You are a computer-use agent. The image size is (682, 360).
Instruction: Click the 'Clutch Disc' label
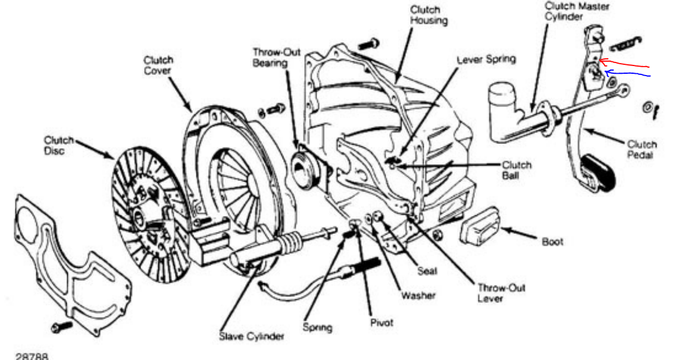(x=58, y=146)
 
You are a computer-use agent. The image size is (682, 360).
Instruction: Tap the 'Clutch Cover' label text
(x=158, y=65)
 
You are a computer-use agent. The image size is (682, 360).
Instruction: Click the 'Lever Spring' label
(x=486, y=60)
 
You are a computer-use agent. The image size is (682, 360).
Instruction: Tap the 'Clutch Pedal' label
(x=642, y=150)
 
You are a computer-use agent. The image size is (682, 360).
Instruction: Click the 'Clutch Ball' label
(x=516, y=170)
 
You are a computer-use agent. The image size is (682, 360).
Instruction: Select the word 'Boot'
(x=552, y=242)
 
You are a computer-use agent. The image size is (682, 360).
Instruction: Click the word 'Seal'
(x=427, y=271)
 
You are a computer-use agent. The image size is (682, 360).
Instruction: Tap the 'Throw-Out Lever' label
(x=493, y=293)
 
